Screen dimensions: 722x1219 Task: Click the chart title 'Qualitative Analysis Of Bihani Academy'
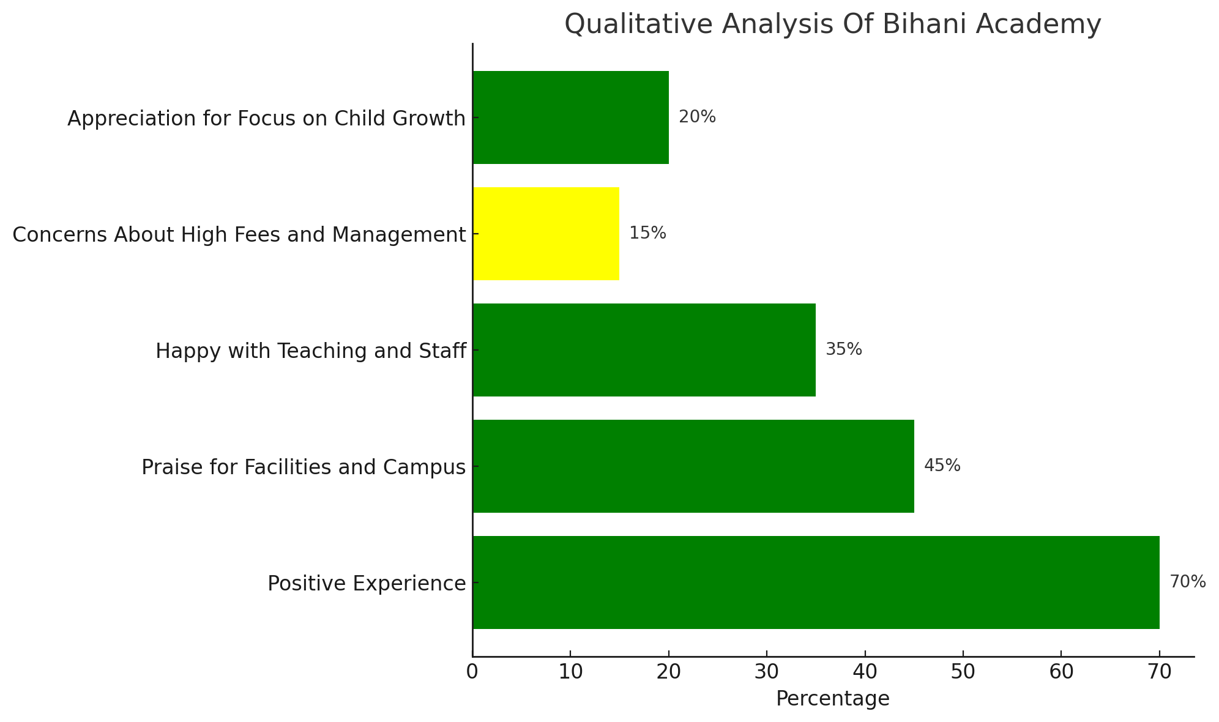[832, 24]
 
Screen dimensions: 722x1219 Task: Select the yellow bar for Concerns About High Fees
[546, 234]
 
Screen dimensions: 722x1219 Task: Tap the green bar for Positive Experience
[816, 582]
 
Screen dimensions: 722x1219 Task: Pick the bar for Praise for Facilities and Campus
[693, 466]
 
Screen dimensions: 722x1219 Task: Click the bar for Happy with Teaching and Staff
[644, 350]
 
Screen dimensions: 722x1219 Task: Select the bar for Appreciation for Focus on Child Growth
[570, 117]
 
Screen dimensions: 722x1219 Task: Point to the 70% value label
[1187, 582]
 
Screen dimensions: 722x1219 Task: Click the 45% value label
[942, 466]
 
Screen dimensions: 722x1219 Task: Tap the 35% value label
[844, 349]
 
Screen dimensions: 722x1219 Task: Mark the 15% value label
[647, 233]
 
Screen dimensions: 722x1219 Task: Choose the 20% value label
[697, 117]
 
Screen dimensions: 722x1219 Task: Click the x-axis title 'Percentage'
[832, 699]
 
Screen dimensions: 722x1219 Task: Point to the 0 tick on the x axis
[472, 672]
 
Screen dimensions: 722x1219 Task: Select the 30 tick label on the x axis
[767, 672]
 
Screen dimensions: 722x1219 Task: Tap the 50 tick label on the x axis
[963, 672]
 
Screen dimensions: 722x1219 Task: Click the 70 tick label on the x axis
[1159, 672]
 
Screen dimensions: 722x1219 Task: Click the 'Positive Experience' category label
[367, 584]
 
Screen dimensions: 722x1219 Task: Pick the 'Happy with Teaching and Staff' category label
[311, 351]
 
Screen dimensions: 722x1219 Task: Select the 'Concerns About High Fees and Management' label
[239, 235]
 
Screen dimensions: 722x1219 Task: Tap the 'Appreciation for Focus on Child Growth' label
[267, 119]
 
